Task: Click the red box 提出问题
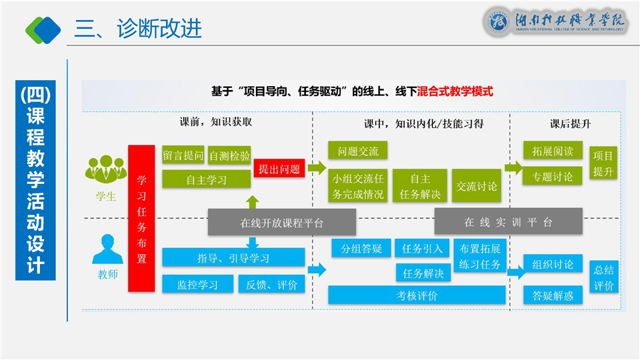279,168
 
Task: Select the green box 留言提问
183,155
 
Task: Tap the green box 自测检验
229,155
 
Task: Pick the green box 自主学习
207,179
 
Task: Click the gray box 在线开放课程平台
281,222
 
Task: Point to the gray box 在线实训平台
508,221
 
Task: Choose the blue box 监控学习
197,284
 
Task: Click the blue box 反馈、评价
271,284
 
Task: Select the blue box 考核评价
417,295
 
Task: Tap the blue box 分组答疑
361,248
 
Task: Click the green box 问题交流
357,150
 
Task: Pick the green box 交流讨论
476,186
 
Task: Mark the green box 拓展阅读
553,150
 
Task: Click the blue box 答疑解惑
553,295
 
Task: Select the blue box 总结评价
604,277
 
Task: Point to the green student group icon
106,169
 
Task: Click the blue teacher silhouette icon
107,249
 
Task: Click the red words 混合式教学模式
455,91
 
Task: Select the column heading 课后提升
570,124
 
